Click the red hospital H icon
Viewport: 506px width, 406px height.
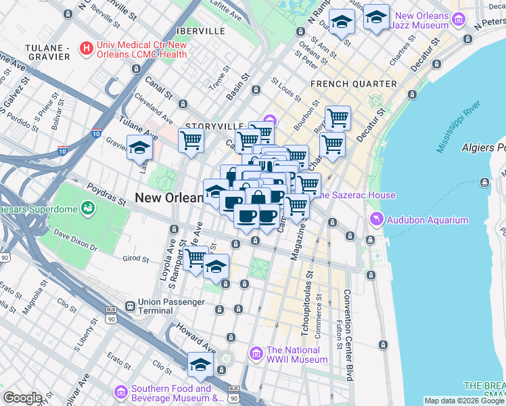(86, 48)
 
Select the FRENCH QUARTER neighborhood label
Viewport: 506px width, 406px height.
(353, 84)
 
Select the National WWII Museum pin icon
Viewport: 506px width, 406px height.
(256, 353)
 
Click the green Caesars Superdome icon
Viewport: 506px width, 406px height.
(87, 206)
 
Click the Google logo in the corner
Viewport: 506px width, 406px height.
(22, 398)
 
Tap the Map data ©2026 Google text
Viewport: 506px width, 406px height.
(464, 401)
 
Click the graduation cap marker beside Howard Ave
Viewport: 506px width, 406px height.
(200, 365)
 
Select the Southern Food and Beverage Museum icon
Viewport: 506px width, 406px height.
(121, 392)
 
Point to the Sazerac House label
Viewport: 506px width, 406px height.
(356, 196)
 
